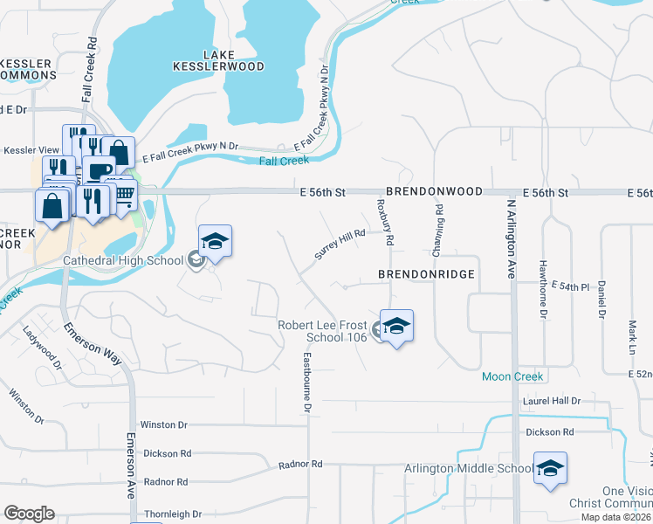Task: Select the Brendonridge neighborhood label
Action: click(426, 273)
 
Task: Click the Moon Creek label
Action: click(513, 376)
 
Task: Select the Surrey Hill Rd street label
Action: click(339, 244)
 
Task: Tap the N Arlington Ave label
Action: click(511, 238)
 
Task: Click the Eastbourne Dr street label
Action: click(307, 382)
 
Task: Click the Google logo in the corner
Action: click(29, 514)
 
